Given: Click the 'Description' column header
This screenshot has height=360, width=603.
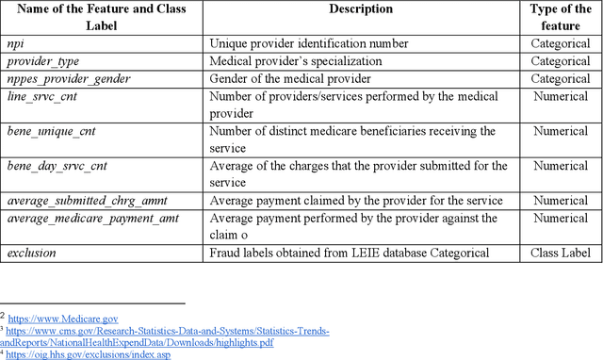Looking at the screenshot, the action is point(360,9).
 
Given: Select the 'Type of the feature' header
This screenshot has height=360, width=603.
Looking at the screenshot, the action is point(562,17).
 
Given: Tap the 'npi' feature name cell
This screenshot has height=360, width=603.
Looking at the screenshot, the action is point(17,43).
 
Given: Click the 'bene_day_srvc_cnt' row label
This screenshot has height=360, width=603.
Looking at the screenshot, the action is point(57,166).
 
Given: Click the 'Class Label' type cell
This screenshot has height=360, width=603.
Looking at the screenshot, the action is point(562,254).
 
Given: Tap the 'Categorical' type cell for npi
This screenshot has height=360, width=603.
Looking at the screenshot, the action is point(562,43).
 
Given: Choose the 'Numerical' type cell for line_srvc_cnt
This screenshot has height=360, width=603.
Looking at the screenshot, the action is point(562,95).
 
